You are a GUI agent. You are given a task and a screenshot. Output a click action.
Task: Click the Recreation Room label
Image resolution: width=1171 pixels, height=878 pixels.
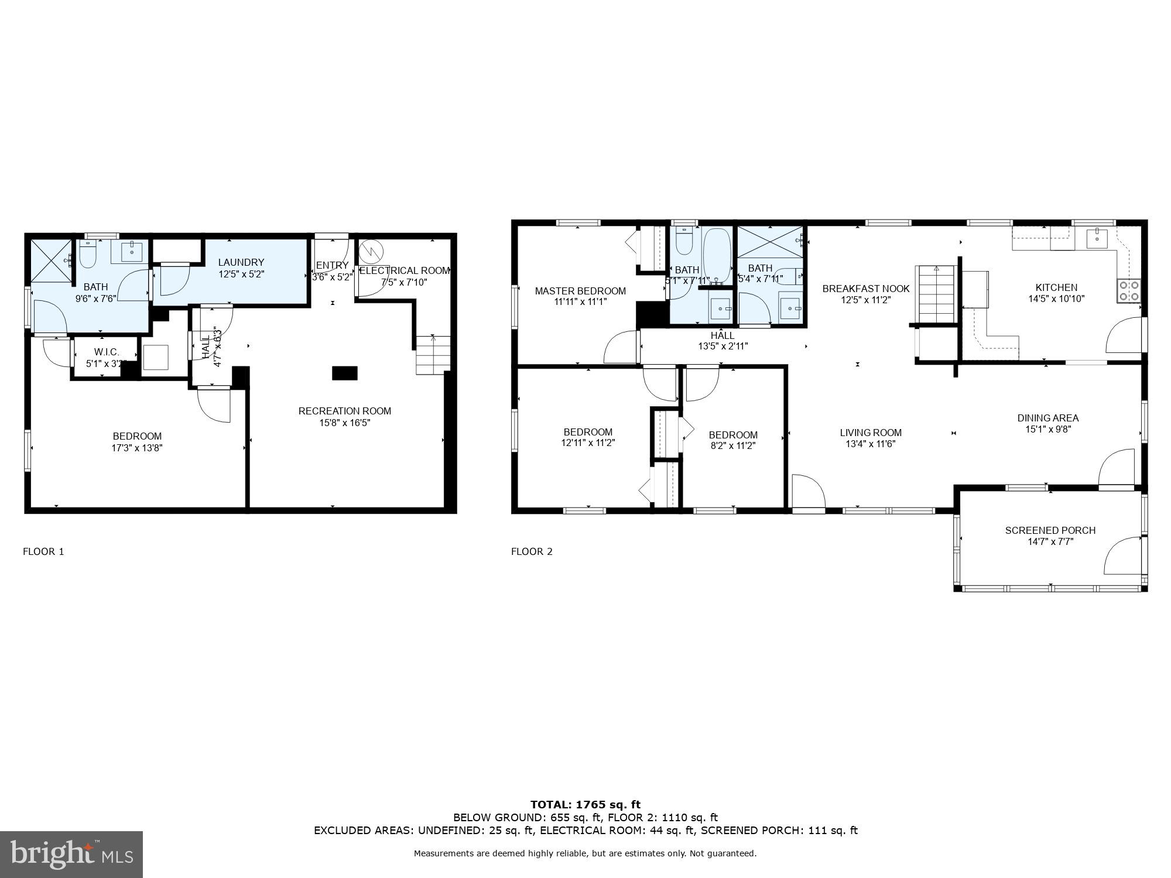click(344, 411)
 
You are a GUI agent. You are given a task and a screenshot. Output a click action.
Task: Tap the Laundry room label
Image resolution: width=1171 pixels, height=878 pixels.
click(241, 262)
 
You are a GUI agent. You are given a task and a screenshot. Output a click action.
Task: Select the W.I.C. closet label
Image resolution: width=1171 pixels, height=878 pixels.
click(107, 352)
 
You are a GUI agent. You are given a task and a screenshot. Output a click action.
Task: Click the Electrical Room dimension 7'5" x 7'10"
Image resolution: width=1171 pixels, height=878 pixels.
click(404, 282)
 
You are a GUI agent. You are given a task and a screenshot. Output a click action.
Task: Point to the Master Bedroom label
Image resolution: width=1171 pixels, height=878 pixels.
click(580, 291)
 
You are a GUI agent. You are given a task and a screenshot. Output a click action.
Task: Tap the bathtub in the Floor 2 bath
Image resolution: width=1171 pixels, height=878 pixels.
click(717, 256)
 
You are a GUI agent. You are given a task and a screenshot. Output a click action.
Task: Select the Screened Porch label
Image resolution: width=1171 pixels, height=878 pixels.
click(1050, 530)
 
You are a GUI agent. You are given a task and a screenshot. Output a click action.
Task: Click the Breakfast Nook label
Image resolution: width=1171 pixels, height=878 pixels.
click(866, 289)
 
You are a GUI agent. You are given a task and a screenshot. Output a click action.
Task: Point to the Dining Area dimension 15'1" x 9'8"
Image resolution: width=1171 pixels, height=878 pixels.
click(1047, 429)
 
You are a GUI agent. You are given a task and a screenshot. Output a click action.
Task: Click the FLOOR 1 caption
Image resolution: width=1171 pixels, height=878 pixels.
click(43, 551)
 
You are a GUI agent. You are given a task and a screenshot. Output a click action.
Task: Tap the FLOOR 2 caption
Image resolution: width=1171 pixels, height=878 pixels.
click(532, 551)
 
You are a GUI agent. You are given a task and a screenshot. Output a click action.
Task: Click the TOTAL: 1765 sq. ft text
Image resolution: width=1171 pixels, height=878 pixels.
click(585, 805)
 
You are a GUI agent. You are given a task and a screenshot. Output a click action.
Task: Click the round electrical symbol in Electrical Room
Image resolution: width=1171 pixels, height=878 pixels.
click(370, 251)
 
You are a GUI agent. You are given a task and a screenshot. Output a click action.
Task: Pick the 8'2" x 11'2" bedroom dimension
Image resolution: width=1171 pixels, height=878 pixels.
click(733, 445)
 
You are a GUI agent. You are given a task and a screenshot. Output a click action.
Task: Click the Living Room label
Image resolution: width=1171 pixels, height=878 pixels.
click(871, 433)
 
